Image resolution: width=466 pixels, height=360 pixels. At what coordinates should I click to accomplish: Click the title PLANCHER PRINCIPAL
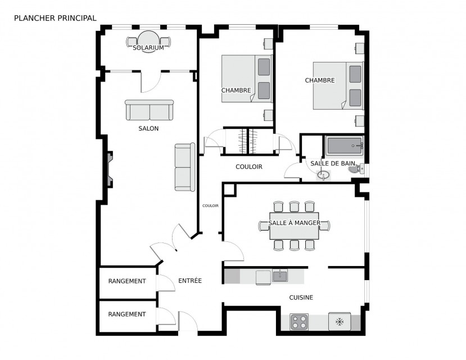[55, 18]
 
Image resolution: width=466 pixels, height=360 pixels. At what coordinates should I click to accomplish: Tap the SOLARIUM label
[148, 48]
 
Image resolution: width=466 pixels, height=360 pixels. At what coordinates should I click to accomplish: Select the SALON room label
[148, 128]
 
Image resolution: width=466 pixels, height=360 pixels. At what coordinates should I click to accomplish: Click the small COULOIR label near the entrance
[210, 205]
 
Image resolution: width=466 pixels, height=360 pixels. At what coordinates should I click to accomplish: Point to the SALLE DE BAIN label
[333, 163]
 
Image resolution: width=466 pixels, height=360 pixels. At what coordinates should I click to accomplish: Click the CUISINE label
[301, 297]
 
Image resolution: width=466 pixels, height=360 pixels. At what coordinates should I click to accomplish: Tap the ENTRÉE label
[190, 280]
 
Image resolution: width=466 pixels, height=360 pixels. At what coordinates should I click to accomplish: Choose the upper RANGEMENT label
[127, 281]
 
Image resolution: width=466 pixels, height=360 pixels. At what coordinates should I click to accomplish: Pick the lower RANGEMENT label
[127, 314]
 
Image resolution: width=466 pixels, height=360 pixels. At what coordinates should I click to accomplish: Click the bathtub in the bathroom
[345, 146]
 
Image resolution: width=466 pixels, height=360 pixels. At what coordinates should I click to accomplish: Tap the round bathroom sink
[324, 175]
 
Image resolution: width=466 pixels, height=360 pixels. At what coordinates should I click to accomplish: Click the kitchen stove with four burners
[299, 322]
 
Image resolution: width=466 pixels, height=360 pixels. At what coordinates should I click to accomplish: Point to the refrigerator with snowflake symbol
[340, 321]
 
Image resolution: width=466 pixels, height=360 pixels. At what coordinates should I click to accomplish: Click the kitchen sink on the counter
[280, 276]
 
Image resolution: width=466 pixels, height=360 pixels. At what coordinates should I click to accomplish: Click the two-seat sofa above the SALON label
[149, 110]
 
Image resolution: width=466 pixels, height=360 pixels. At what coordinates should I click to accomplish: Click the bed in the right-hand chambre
[338, 85]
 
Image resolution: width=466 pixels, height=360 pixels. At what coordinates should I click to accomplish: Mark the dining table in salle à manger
[294, 226]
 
